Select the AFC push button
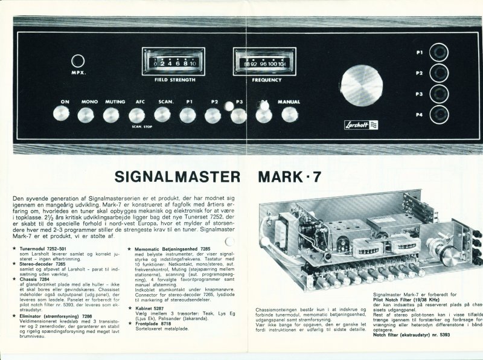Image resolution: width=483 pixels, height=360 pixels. click(137, 114)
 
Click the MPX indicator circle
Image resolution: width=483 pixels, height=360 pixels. click(77, 61)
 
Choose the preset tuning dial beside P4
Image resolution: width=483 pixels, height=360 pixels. click(442, 113)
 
